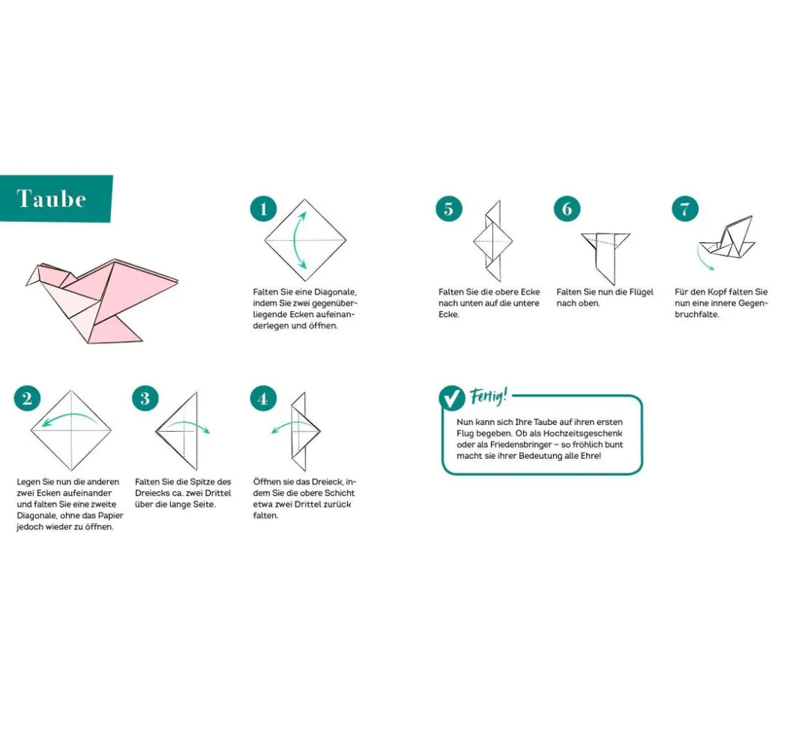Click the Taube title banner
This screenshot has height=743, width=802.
tap(56, 199)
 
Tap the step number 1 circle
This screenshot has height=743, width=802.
tap(263, 208)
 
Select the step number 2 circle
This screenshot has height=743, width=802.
tap(27, 398)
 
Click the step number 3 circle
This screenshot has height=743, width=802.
tap(145, 398)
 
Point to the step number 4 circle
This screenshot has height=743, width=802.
tap(263, 399)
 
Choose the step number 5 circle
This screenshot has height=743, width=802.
tap(448, 208)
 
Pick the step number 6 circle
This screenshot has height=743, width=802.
tap(567, 208)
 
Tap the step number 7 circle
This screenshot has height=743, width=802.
tap(685, 208)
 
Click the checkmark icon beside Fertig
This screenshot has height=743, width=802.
tap(452, 397)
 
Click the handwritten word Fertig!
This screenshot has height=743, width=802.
tap(489, 396)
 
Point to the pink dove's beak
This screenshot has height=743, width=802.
tap(31, 276)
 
